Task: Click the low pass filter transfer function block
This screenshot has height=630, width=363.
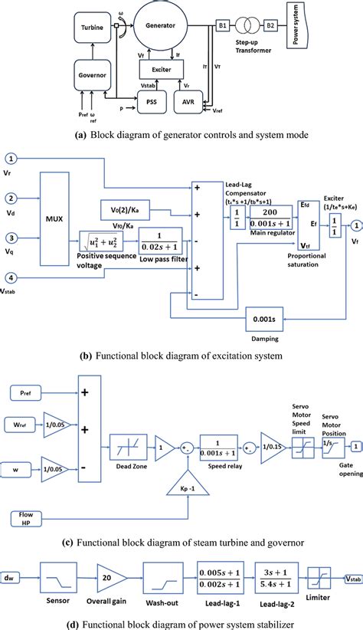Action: click(x=161, y=238)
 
